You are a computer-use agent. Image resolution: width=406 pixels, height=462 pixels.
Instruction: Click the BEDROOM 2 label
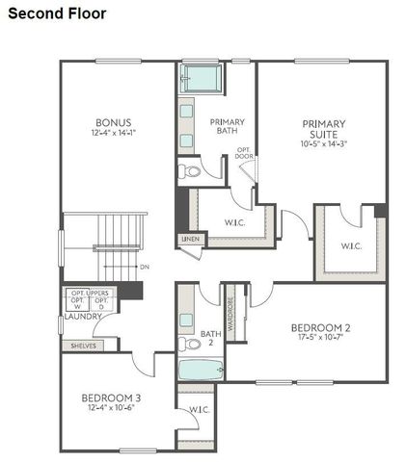click(321, 328)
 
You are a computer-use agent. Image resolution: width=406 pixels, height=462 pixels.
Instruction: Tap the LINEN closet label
click(190, 239)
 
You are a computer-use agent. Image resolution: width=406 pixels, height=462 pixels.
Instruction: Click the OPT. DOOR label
click(246, 154)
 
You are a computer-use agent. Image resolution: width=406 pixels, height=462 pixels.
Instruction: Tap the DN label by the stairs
click(145, 267)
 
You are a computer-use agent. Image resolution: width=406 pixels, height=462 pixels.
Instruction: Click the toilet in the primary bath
click(189, 172)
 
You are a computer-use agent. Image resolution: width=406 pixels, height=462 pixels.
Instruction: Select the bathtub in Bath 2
click(201, 370)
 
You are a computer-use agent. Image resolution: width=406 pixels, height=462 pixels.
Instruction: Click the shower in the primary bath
click(202, 77)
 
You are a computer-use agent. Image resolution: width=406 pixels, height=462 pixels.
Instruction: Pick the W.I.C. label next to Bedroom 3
click(200, 410)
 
